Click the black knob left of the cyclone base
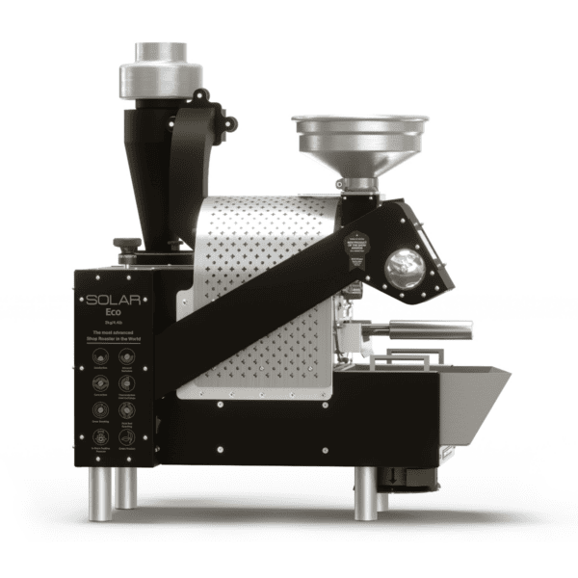pos(126,247)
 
